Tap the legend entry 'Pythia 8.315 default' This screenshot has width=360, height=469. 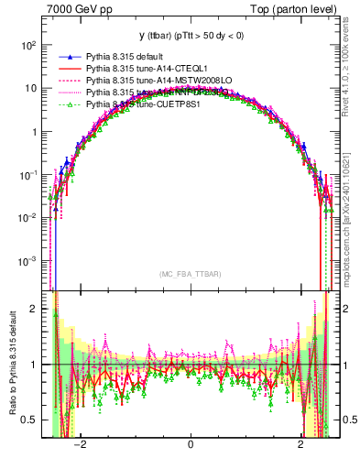[126, 58]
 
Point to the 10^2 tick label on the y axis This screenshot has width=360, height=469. [27, 45]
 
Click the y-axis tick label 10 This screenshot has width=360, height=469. [30, 88]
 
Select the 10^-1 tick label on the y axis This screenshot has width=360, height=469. [27, 174]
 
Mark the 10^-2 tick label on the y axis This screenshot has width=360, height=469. [27, 217]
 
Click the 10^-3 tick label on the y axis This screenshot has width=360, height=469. [27, 260]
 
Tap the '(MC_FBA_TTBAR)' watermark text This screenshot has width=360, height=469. [191, 274]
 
